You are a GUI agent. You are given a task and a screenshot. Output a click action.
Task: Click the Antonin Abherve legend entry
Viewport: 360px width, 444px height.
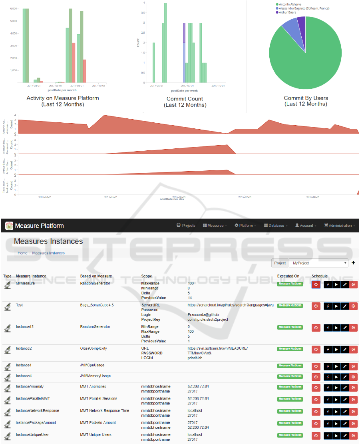point(290,4)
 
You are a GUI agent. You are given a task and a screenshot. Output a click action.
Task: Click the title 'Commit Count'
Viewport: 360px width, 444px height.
point(185,99)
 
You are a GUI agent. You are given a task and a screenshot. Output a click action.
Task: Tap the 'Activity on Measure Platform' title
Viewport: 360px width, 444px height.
point(63,98)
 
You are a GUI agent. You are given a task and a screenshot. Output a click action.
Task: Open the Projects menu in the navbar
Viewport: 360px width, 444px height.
point(186,226)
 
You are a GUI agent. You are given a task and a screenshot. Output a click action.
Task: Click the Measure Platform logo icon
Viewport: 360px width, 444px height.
point(9,226)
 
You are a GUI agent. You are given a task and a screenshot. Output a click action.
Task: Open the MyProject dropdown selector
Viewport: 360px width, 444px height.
point(319,263)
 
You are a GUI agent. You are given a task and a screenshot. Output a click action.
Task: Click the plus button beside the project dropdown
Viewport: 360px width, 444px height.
point(353,263)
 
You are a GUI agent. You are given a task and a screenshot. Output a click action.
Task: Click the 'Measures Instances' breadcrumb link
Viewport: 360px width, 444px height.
point(48,253)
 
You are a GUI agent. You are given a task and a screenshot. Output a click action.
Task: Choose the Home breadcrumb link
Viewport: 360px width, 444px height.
point(22,253)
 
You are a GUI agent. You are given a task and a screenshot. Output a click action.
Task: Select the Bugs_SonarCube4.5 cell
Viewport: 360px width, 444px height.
point(97,305)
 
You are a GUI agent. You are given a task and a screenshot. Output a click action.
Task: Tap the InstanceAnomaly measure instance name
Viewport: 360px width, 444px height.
point(30,387)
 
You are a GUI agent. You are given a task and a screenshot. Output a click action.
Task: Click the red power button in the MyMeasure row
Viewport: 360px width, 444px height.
point(316,284)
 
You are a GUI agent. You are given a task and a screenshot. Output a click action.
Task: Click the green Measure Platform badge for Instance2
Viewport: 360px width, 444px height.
point(290,349)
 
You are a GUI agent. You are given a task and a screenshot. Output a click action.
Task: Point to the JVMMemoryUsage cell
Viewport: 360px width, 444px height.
point(95,376)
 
